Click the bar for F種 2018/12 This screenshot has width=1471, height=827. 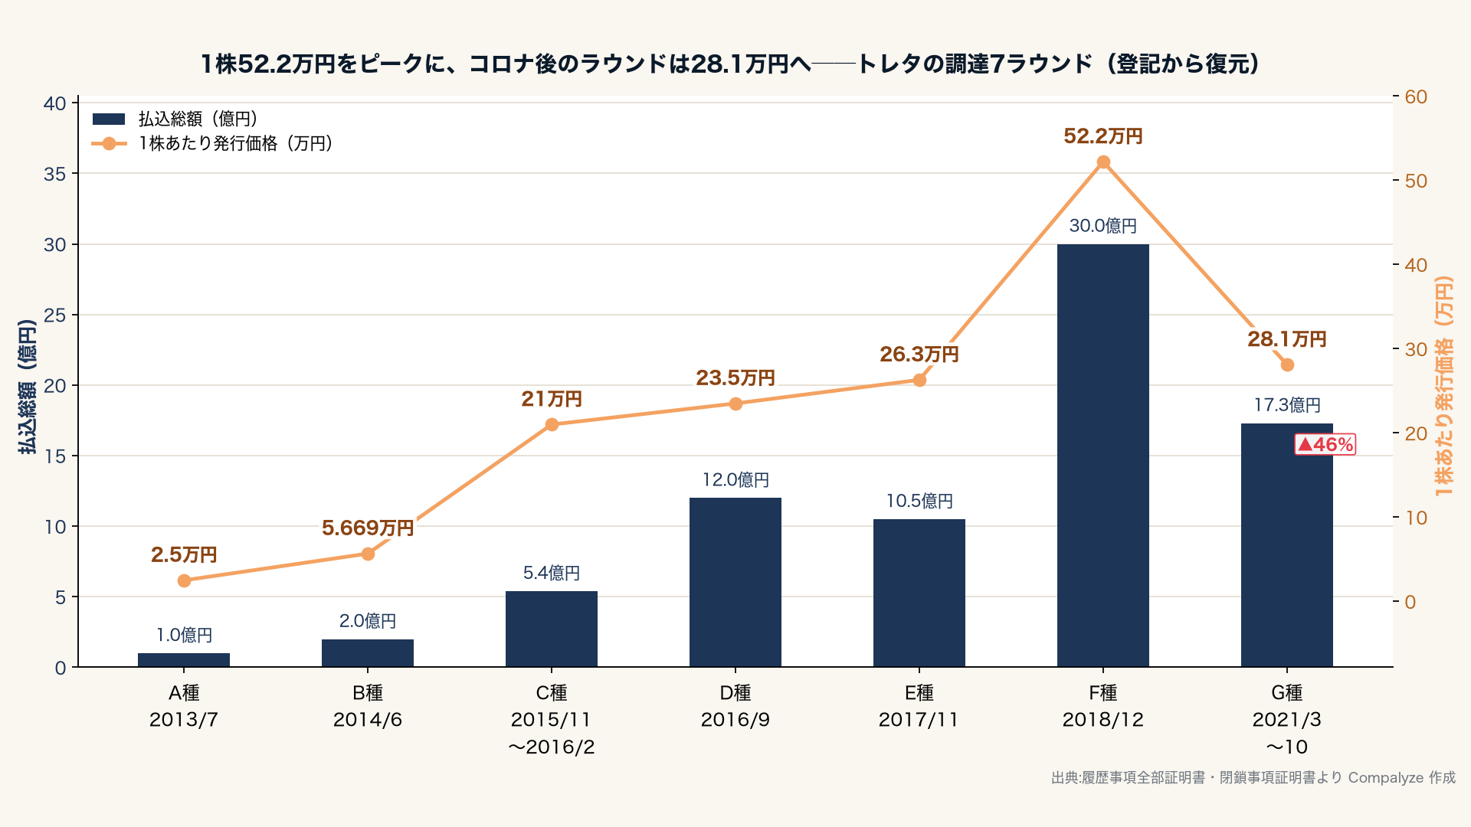1102,456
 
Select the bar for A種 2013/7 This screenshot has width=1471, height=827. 184,660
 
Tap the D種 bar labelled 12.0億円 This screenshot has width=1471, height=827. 735,582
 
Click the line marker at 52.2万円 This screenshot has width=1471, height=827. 1103,162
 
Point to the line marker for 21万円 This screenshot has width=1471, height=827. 552,424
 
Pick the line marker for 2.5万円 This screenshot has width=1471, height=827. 184,580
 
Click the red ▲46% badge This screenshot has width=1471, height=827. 1325,444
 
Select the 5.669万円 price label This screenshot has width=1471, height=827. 368,528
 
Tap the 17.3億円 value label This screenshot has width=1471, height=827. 1287,404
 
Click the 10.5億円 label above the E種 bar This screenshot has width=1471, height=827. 919,501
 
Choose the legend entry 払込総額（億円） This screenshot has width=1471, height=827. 175,119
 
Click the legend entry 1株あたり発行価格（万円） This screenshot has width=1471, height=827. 213,143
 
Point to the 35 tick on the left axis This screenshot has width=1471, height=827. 55,174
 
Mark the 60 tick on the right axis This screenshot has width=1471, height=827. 1416,96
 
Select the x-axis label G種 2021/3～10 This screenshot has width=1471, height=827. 1287,720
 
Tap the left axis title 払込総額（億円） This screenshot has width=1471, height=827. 28,387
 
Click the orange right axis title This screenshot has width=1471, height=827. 1443,386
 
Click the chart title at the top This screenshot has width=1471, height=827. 729,64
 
